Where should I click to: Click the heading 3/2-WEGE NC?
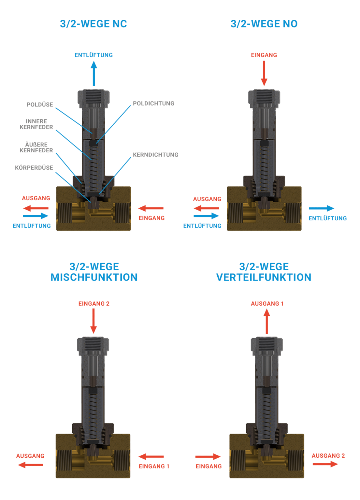pyautogui.click(x=94, y=24)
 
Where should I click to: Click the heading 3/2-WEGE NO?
pyautogui.click(x=264, y=24)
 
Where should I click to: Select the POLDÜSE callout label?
pyautogui.click(x=40, y=104)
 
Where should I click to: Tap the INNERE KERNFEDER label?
pyautogui.click(x=36, y=124)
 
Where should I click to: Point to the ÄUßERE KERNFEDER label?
pyautogui.click(x=36, y=147)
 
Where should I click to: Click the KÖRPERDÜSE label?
pyautogui.click(x=34, y=168)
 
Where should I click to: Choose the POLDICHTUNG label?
pyautogui.click(x=153, y=104)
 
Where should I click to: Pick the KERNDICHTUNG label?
pyautogui.click(x=155, y=155)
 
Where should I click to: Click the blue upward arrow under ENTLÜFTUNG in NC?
pyautogui.click(x=94, y=74)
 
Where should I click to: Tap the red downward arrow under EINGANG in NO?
pyautogui.click(x=264, y=74)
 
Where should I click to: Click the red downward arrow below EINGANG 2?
pyautogui.click(x=94, y=321)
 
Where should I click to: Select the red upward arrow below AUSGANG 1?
pyautogui.click(x=267, y=321)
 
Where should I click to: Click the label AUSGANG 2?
pyautogui.click(x=328, y=455)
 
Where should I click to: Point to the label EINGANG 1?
pyautogui.click(x=154, y=466)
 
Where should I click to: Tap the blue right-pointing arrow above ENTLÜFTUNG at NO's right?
pyautogui.click(x=321, y=208)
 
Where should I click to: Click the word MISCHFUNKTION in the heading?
pyautogui.click(x=94, y=277)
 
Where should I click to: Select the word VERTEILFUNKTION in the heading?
pyautogui.click(x=264, y=277)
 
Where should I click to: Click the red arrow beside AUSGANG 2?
pyautogui.click(x=325, y=464)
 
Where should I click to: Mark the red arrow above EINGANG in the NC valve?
pyautogui.click(x=151, y=208)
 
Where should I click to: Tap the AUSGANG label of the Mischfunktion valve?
pyautogui.click(x=30, y=456)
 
